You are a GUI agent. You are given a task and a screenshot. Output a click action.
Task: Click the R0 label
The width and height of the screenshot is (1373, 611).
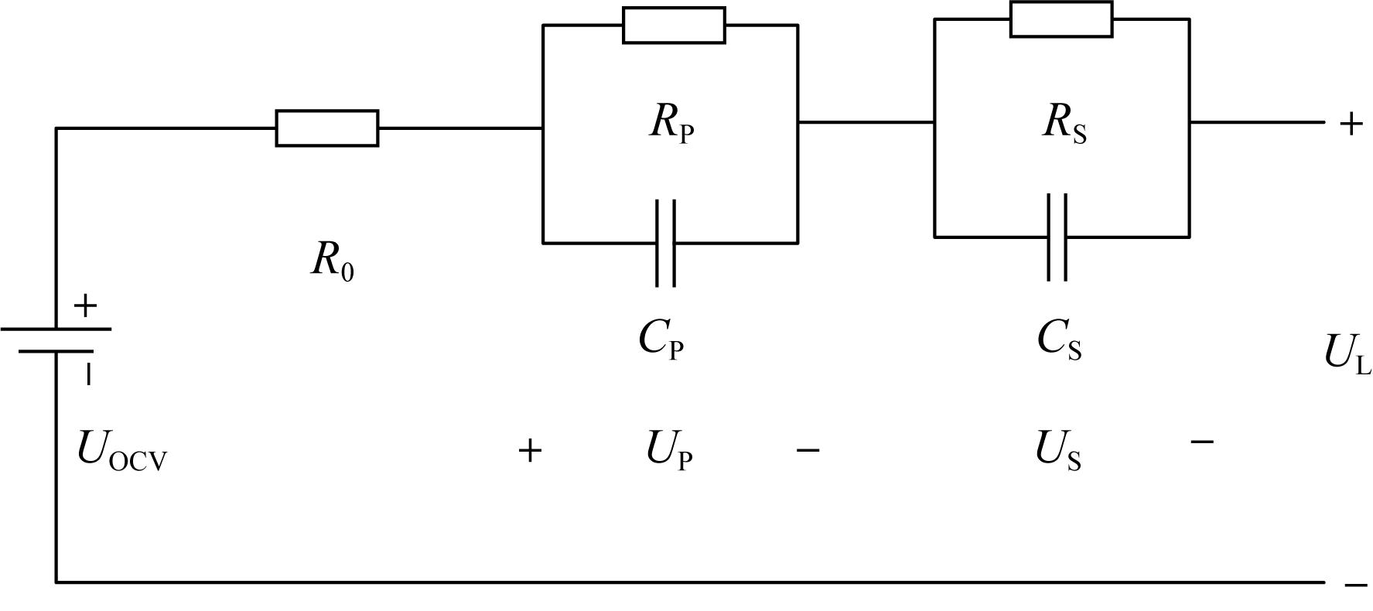pyautogui.click(x=333, y=261)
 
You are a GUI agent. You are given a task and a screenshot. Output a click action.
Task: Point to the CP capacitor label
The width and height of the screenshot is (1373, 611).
pyautogui.click(x=661, y=339)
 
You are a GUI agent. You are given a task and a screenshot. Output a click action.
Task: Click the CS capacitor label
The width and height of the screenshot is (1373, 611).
pyautogui.click(x=1059, y=339)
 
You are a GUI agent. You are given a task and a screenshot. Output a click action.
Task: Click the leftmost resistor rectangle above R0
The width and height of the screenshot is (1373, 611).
pyautogui.click(x=327, y=128)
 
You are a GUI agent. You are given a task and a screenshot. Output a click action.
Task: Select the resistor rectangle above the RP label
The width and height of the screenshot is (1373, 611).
pyautogui.click(x=674, y=26)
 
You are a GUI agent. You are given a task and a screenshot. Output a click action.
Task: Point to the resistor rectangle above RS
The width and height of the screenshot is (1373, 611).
pyautogui.click(x=1061, y=19)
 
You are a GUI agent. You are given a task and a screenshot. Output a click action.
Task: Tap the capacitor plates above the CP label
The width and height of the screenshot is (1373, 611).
pyautogui.click(x=665, y=243)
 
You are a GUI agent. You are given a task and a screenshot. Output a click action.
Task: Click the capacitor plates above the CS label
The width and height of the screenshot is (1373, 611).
pyautogui.click(x=1057, y=237)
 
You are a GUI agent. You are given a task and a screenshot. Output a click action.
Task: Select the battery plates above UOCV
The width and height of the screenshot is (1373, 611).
pyautogui.click(x=56, y=340)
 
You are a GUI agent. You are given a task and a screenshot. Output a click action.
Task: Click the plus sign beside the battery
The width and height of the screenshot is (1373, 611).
pyautogui.click(x=85, y=306)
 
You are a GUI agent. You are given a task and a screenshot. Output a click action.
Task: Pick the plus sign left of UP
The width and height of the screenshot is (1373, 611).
pyautogui.click(x=530, y=450)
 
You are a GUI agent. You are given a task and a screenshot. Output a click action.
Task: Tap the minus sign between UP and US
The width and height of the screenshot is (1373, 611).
pyautogui.click(x=808, y=449)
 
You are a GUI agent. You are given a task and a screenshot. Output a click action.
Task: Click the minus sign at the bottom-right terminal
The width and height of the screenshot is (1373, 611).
pyautogui.click(x=1356, y=585)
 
